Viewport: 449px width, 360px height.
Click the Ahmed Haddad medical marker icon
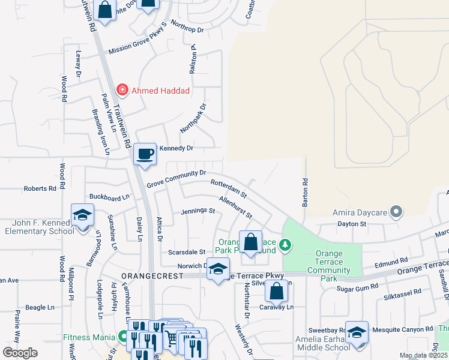(123, 91)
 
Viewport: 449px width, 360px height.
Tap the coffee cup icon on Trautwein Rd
(145, 154)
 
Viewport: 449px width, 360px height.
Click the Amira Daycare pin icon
(396, 212)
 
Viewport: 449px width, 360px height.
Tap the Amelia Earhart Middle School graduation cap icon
(357, 334)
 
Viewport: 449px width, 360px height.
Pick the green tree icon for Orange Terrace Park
(287, 244)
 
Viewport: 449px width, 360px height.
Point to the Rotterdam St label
(228, 188)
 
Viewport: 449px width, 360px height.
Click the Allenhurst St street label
(235, 207)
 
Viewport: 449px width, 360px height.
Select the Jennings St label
(198, 211)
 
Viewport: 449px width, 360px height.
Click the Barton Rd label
(305, 193)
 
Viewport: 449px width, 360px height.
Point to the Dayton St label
(352, 223)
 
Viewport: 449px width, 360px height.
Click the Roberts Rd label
(40, 188)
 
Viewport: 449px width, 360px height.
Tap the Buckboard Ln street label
(109, 197)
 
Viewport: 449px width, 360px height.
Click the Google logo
(20, 353)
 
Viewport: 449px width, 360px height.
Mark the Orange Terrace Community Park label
(328, 262)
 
